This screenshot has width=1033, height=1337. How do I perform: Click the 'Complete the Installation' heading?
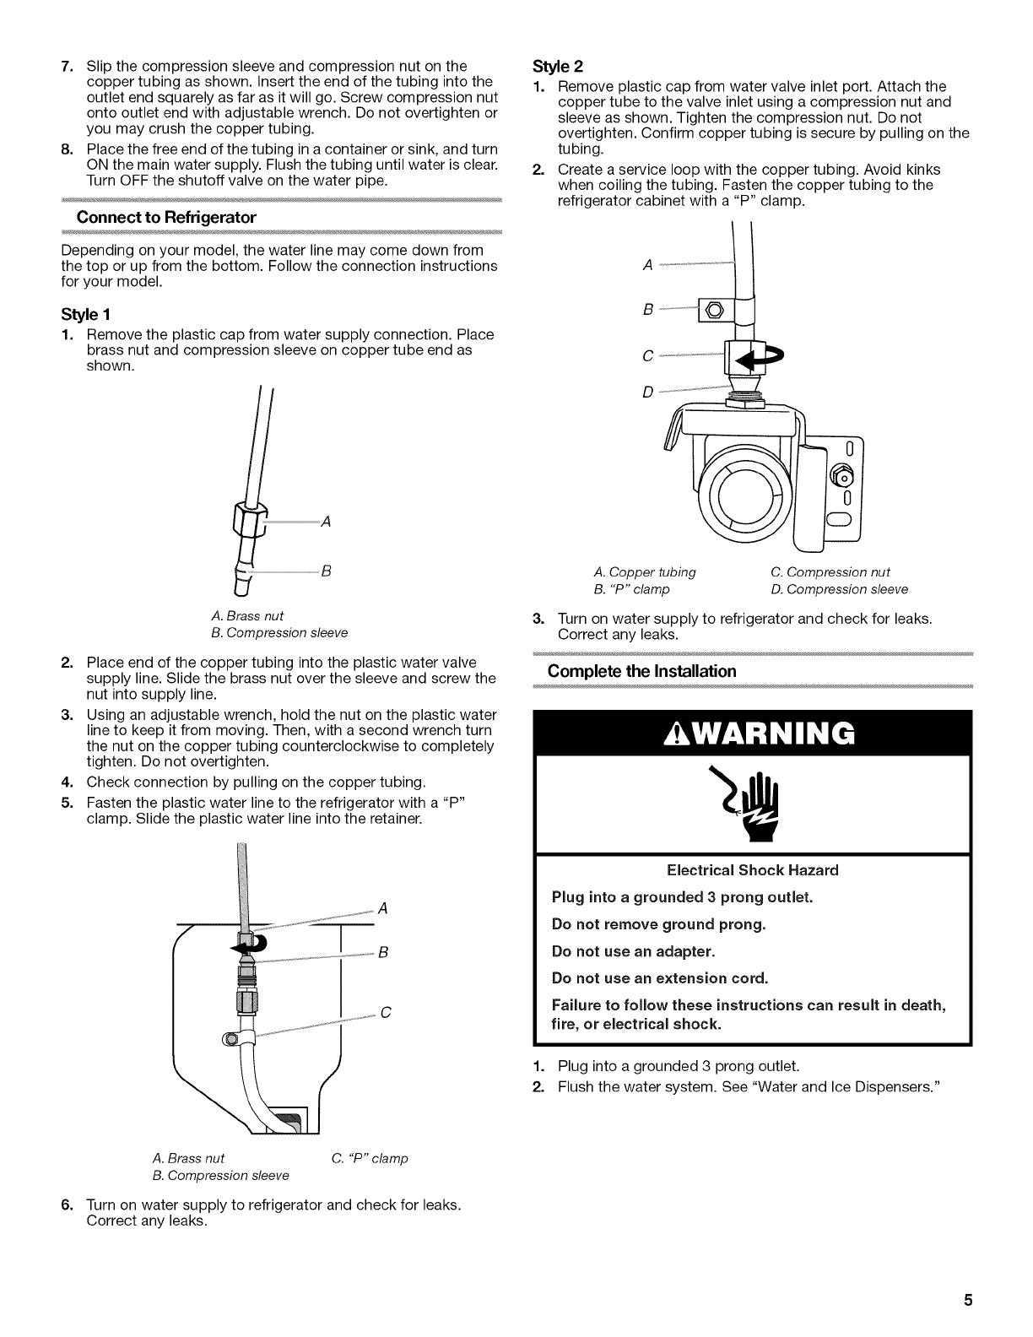[x=641, y=671]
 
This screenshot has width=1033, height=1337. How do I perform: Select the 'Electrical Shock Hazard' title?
[x=752, y=870]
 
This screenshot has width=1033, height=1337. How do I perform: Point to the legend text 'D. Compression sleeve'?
[x=839, y=589]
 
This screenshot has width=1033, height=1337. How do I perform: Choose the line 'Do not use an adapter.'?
[x=633, y=951]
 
